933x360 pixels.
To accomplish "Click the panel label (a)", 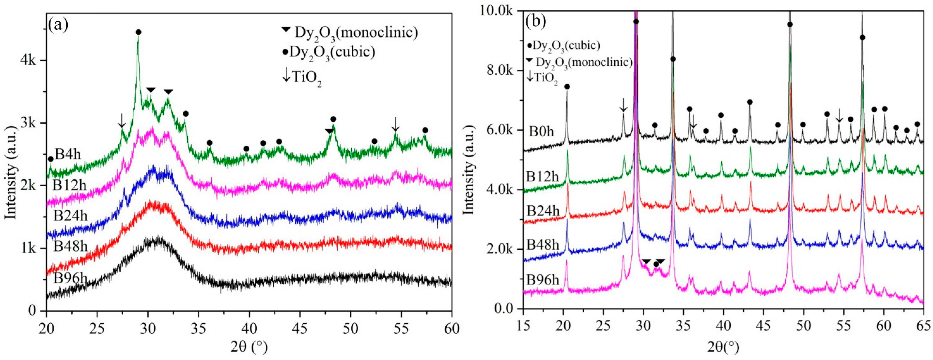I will [58, 26].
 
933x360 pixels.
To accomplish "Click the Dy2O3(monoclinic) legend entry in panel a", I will [350, 33].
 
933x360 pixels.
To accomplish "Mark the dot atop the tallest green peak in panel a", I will [138, 32].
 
